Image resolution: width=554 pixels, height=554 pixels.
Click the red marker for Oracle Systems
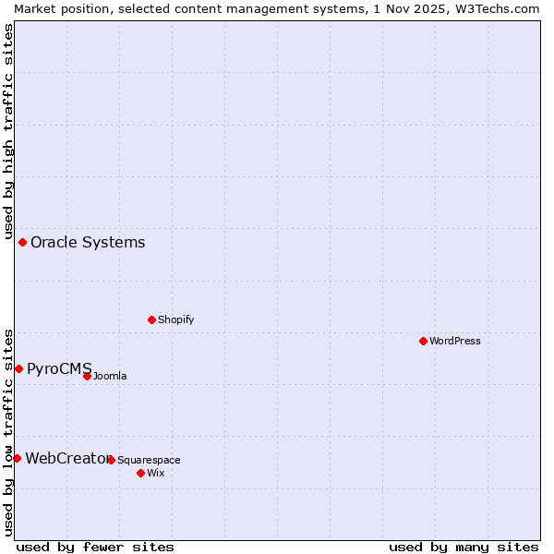[22, 243]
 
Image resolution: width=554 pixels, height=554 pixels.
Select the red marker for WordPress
[423, 341]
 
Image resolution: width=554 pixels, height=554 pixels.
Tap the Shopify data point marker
[151, 319]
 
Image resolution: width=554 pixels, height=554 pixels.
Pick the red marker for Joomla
[87, 376]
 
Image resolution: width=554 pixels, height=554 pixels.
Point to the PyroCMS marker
[18, 368]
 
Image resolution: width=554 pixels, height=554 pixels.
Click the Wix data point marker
[140, 473]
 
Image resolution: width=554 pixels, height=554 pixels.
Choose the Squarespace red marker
[111, 460]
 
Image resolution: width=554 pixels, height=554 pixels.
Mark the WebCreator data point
[17, 458]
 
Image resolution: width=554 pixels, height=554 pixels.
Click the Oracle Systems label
[88, 243]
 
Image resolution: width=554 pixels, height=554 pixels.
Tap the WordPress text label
[455, 341]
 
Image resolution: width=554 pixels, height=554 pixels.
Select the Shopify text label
[175, 319]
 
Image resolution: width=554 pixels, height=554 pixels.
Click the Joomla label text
[110, 376]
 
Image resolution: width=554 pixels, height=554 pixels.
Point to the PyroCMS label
[59, 368]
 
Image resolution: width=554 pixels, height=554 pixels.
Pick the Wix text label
[155, 473]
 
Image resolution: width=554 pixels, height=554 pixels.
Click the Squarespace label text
[149, 460]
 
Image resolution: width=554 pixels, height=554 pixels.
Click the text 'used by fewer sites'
[95, 547]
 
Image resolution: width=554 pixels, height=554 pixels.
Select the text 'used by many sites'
[464, 547]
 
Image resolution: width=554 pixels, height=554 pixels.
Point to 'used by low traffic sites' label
[8, 431]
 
